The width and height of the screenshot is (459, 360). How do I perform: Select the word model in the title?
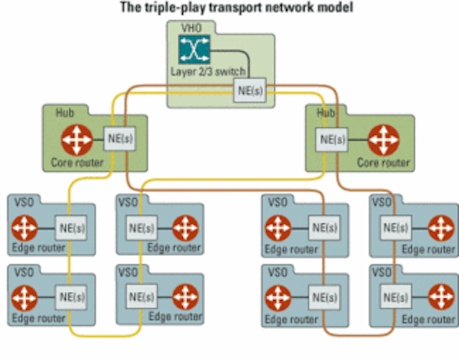pos(336,7)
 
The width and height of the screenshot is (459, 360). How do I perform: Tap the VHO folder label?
pos(191,28)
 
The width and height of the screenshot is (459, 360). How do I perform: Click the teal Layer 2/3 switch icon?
pos(194,49)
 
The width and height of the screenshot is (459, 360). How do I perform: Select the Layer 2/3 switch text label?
pos(208,72)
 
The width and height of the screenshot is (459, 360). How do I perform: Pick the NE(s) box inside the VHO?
pos(250,90)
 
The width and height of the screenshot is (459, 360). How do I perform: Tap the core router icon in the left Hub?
pos(77,140)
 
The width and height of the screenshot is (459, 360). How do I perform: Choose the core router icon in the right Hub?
pos(384,140)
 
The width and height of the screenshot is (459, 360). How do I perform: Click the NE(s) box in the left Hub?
pos(120,138)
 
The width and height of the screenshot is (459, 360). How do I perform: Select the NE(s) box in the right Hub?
pos(331,139)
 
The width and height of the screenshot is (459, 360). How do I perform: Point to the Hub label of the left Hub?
pos(65,113)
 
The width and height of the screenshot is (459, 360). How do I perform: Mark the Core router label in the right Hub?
pos(383,163)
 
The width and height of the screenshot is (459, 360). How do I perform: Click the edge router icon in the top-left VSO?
pos(24,228)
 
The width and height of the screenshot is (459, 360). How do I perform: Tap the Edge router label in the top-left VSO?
pos(38,248)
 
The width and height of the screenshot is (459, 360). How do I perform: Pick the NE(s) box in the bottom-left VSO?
pos(71,298)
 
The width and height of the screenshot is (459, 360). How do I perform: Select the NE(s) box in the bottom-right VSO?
pos(396,297)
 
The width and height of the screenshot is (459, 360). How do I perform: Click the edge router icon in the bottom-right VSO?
pos(441,297)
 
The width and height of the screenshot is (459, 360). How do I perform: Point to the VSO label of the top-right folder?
pos(382,202)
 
